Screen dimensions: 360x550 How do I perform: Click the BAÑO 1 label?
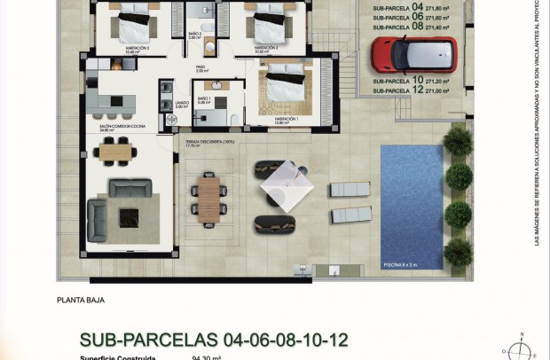pos(203,100)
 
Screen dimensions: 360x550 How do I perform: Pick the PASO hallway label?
pos(202,68)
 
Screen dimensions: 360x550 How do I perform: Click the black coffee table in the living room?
pos(130,214)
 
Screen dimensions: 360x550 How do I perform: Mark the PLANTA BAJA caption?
pos(81,300)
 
